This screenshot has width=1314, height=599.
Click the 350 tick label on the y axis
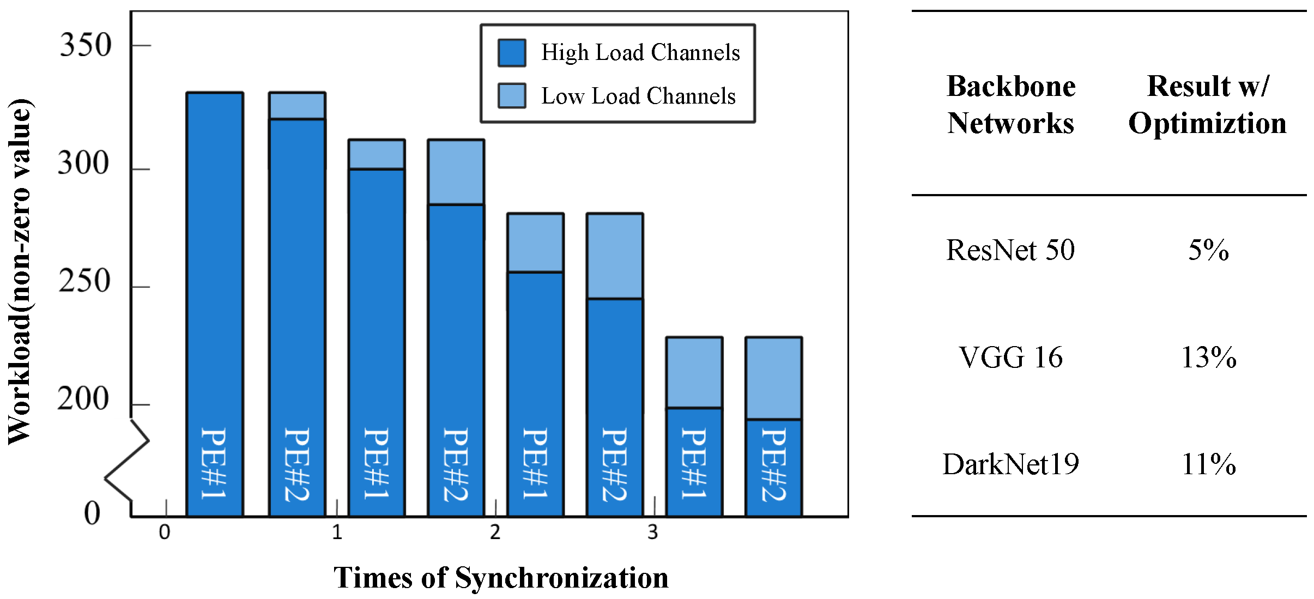(x=85, y=45)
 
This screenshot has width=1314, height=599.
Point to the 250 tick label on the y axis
(x=84, y=281)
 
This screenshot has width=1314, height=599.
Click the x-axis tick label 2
(x=495, y=533)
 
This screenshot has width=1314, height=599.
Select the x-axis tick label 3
(x=652, y=533)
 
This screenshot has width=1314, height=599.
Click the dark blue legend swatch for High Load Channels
(x=512, y=53)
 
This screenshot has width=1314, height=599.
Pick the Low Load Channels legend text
(x=638, y=96)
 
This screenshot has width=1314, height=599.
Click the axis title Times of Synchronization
(x=501, y=578)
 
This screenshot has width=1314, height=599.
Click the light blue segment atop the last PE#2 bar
(x=773, y=378)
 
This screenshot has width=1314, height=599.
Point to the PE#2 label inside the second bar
(x=297, y=464)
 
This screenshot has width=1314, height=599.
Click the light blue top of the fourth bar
(x=456, y=172)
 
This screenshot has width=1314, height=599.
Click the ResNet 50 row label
(x=1010, y=250)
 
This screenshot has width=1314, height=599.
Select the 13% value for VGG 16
(x=1208, y=358)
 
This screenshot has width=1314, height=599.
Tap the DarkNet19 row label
(x=1010, y=464)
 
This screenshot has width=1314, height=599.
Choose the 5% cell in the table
(x=1208, y=250)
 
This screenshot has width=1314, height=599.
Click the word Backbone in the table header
(x=1011, y=86)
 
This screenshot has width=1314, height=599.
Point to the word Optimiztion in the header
(x=1207, y=123)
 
